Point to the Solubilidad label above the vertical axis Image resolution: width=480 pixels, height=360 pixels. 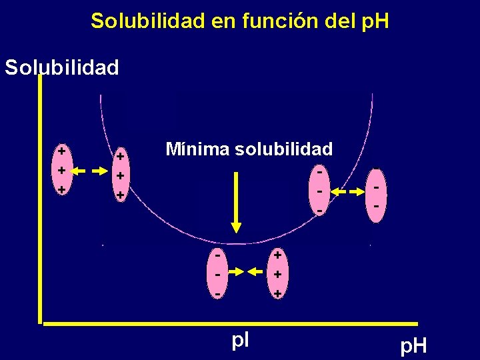pos(62,67)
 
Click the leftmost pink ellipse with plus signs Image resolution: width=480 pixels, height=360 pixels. pos(61,171)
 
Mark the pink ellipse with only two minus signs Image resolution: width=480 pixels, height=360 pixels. pos(377,196)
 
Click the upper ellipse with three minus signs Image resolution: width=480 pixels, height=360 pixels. pos(321,191)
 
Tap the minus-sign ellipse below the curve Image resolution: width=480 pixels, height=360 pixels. pos(217,273)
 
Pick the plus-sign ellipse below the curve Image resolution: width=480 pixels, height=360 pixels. pos(277,273)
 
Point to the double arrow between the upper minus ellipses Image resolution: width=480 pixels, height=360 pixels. pos(349,193)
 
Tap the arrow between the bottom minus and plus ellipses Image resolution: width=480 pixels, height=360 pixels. pos(247,271)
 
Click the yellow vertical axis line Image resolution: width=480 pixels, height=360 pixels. pos(40,200)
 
